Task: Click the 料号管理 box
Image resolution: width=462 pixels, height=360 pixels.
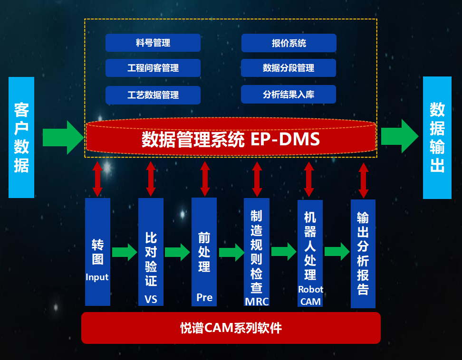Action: click(153, 43)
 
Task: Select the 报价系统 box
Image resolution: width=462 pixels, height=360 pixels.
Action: click(289, 43)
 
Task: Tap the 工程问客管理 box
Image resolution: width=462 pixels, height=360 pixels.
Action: click(153, 68)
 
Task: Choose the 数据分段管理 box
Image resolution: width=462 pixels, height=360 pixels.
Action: click(289, 68)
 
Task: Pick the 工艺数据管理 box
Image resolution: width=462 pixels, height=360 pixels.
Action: click(153, 95)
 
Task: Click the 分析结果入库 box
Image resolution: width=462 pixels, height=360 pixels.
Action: click(289, 94)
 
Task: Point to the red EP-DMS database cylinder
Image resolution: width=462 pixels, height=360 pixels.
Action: click(231, 139)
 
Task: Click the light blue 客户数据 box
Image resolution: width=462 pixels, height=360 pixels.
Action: click(21, 137)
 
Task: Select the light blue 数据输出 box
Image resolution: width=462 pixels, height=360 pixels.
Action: click(437, 137)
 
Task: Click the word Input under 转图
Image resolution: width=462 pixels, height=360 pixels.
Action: click(97, 277)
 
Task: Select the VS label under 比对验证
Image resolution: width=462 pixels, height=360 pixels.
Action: click(151, 299)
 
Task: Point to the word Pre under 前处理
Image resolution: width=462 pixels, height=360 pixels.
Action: click(204, 297)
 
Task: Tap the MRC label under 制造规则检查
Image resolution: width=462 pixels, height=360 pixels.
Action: click(257, 301)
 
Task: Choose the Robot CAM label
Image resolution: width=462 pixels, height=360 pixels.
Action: click(310, 295)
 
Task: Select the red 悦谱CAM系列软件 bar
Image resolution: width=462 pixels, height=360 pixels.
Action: click(231, 328)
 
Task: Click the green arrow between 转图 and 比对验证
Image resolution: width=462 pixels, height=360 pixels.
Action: click(124, 251)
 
